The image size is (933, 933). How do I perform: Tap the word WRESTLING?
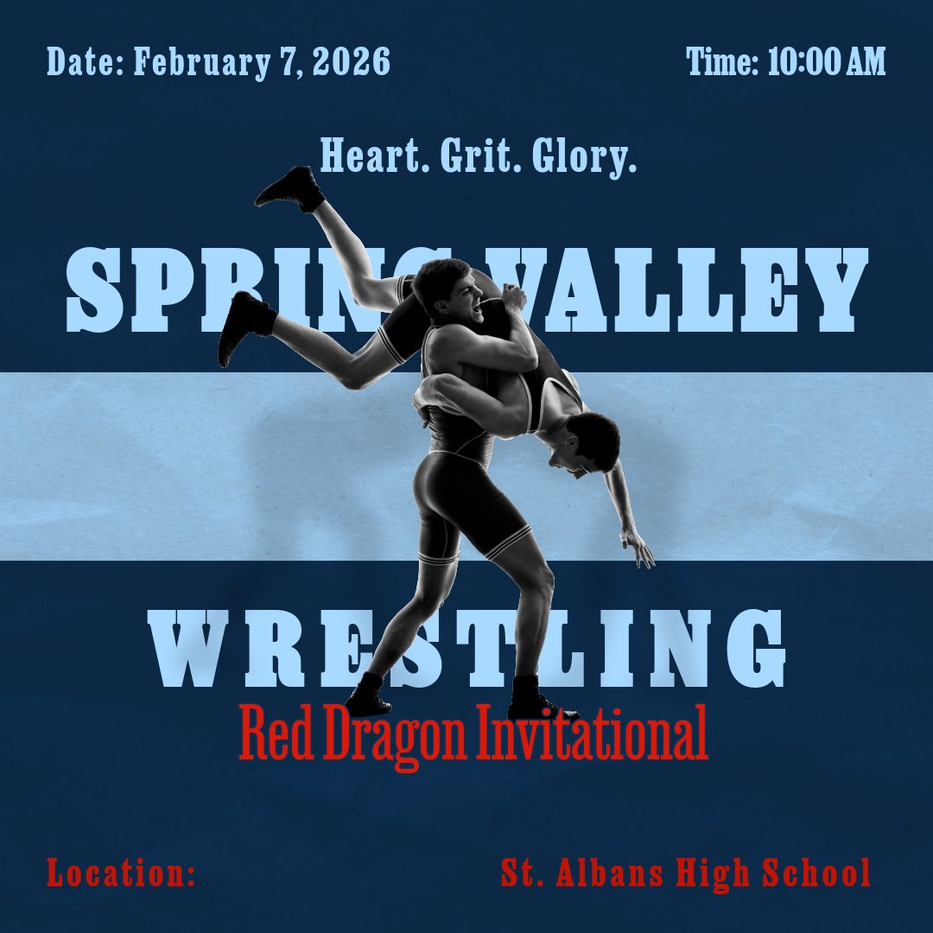[x=466, y=648]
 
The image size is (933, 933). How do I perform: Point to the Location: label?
[x=121, y=873]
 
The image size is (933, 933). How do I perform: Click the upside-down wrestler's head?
[x=592, y=441]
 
